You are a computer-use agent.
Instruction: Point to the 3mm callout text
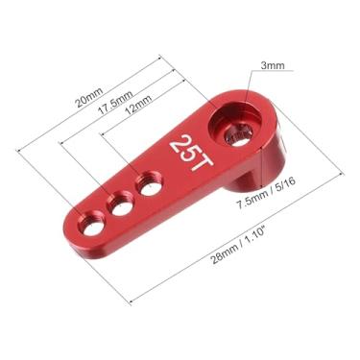click(272, 66)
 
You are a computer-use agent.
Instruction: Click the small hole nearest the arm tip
click(93, 227)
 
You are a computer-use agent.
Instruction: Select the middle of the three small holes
click(121, 205)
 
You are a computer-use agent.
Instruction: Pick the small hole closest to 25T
click(149, 184)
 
